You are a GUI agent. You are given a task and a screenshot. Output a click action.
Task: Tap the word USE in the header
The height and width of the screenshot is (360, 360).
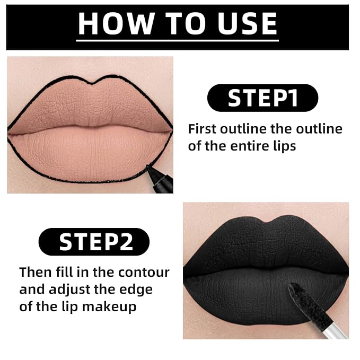point(248,23)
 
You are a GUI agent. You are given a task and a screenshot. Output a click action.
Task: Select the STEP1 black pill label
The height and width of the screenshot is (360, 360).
point(262,98)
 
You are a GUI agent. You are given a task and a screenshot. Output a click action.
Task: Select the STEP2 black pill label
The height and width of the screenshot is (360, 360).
point(94,242)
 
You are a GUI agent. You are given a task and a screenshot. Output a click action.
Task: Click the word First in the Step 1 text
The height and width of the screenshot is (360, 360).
point(202,128)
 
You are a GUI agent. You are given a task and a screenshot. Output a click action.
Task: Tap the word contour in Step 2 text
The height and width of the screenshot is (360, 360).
point(144,273)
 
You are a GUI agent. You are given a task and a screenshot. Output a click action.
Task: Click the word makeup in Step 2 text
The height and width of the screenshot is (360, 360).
point(109,307)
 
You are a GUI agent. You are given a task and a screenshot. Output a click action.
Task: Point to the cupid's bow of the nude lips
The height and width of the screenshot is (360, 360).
point(93,83)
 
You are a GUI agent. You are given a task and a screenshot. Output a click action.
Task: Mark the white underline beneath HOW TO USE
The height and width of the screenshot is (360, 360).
point(178,41)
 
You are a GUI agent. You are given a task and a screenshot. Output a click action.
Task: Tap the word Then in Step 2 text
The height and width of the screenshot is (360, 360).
point(36,273)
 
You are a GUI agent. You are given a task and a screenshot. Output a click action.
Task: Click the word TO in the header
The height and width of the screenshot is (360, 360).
point(186,23)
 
